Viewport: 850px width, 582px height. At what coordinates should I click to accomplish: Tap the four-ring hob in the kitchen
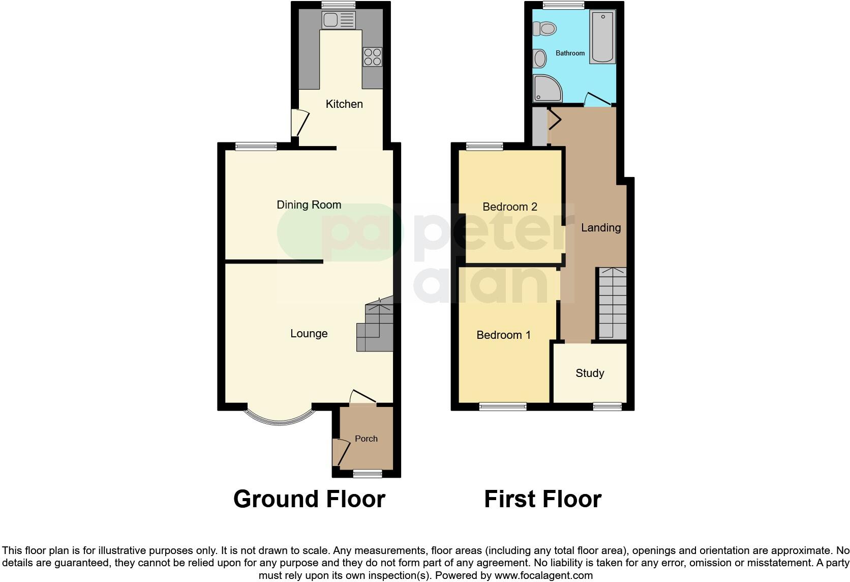[x=372, y=56]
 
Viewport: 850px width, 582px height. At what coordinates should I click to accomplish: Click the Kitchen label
[x=344, y=104]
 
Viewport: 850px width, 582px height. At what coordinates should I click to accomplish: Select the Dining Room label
[x=309, y=205]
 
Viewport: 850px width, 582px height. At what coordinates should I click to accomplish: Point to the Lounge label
[x=309, y=333]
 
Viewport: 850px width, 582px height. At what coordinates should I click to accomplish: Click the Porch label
[x=366, y=439]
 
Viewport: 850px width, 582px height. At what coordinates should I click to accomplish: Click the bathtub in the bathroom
[x=602, y=37]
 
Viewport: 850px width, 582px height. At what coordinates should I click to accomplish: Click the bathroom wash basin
[x=539, y=59]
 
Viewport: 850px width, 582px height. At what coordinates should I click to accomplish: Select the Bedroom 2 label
[x=509, y=207]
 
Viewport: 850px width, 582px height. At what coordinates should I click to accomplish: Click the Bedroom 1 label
[x=503, y=335]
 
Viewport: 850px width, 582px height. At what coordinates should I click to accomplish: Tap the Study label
[x=590, y=373]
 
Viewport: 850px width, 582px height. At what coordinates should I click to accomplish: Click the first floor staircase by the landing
[x=612, y=303]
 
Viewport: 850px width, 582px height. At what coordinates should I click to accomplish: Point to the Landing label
[x=600, y=227]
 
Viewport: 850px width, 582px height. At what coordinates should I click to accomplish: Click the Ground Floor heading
[x=309, y=499]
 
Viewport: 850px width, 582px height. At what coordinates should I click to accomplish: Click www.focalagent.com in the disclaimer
[x=543, y=576]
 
